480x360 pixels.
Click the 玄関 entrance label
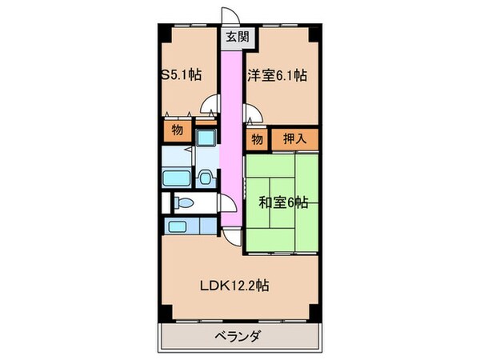tap(233, 36)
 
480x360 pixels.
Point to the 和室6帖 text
tap(282, 203)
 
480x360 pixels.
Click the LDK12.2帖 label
tap(234, 284)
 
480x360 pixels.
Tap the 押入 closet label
tap(293, 139)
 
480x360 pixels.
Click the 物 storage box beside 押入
tap(257, 139)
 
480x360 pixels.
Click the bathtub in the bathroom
tap(176, 177)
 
